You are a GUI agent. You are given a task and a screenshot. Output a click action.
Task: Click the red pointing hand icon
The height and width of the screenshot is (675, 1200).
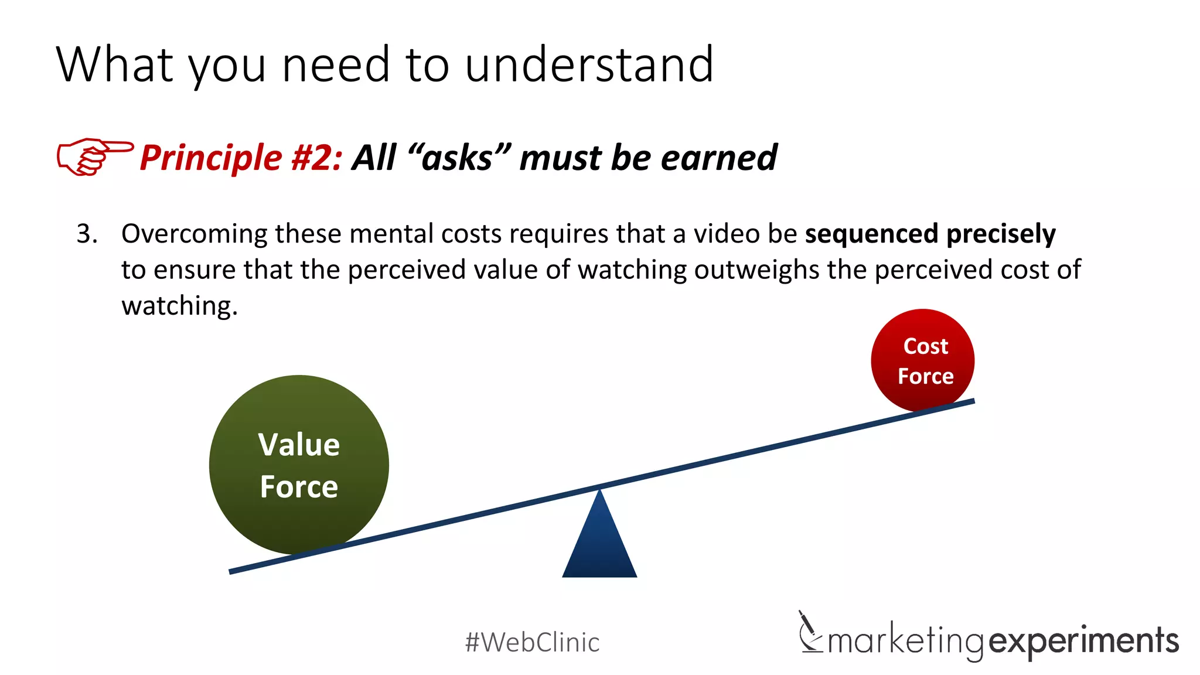[94, 156]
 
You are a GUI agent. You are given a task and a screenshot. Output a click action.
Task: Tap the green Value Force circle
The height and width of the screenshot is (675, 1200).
[299, 465]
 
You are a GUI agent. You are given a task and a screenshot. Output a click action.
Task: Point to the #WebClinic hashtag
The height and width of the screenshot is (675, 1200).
[532, 642]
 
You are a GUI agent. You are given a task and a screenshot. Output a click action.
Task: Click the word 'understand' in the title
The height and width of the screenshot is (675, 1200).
[589, 64]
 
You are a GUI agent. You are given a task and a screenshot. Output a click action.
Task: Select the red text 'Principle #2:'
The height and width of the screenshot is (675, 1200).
[241, 158]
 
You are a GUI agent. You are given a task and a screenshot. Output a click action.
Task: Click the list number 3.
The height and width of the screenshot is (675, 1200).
[87, 234]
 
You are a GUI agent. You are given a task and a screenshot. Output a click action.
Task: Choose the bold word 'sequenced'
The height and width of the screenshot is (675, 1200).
[872, 234]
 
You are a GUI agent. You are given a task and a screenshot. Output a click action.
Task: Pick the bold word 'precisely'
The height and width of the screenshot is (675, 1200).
[1001, 234]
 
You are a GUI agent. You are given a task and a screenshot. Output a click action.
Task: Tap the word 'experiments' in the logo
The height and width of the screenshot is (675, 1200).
[1084, 640]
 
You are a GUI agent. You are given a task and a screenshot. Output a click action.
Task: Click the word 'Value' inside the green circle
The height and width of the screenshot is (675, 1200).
[299, 445]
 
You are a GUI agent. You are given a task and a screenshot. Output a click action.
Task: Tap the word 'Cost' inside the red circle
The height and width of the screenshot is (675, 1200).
[925, 346]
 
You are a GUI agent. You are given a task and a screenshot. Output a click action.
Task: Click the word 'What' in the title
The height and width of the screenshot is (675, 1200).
[115, 64]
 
